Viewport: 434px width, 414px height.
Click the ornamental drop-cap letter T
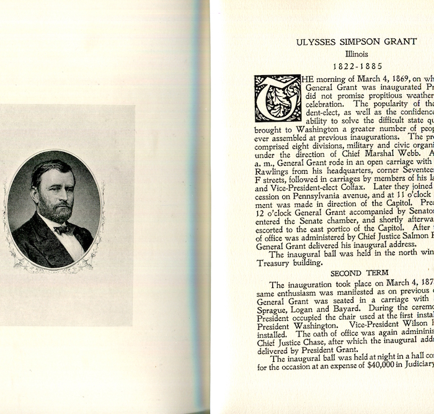pyautogui.click(x=278, y=98)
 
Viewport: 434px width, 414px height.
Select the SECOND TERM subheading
pyautogui.click(x=359, y=272)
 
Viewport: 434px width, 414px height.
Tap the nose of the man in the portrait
pyautogui.click(x=55, y=194)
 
